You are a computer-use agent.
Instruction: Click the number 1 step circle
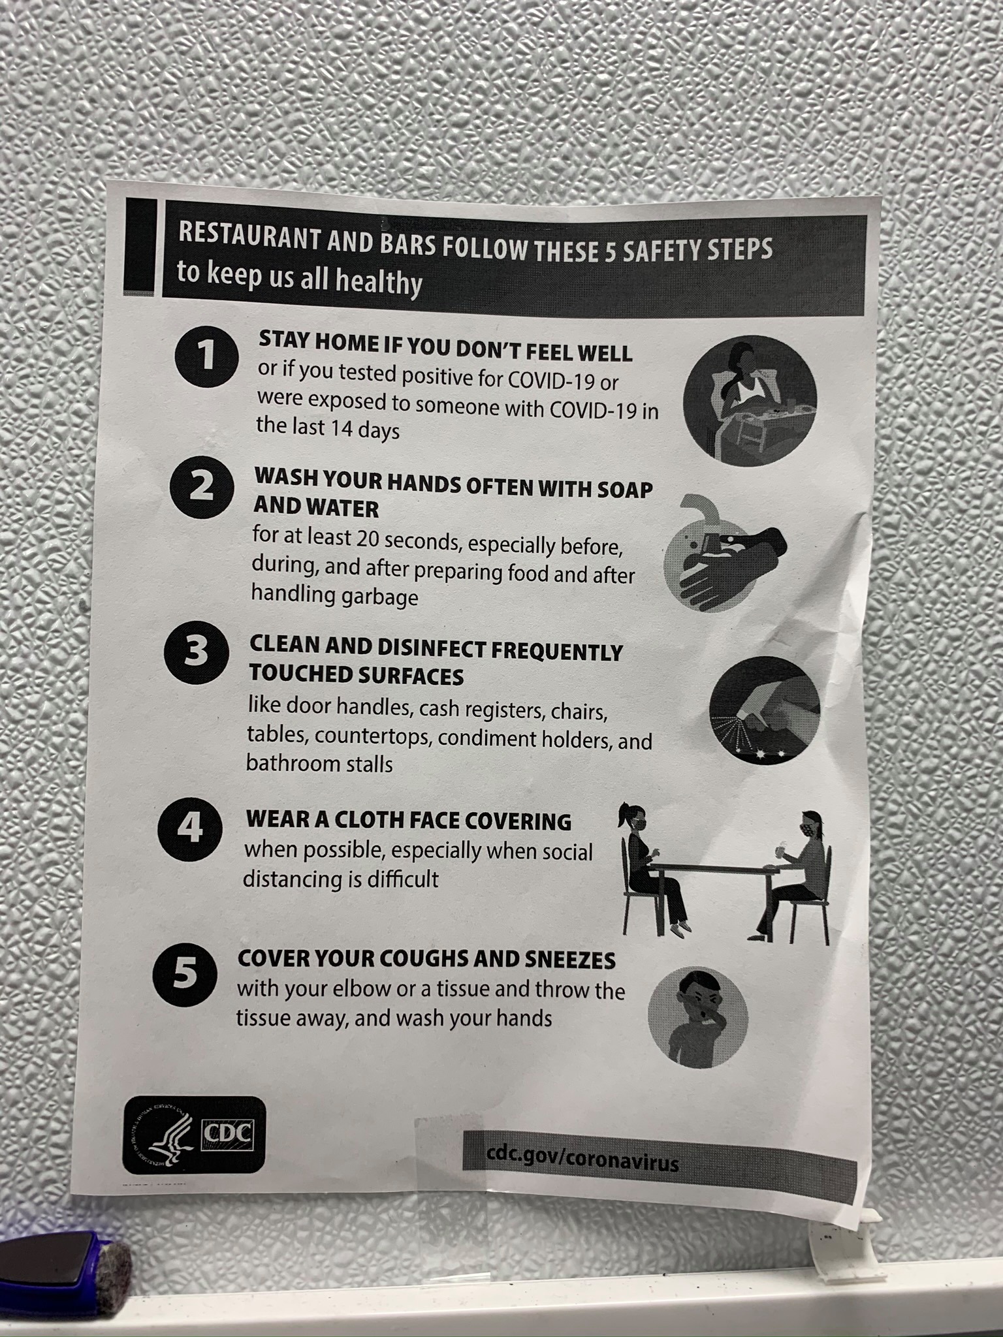click(206, 357)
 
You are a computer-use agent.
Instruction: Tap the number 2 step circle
click(202, 489)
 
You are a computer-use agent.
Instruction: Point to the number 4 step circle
click(190, 829)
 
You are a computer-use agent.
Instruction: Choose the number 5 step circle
click(185, 975)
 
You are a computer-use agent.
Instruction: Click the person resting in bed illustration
click(750, 400)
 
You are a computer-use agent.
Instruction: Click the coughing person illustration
click(697, 1017)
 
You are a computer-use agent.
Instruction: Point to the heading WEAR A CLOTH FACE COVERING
click(409, 821)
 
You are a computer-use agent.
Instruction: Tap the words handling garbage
click(334, 595)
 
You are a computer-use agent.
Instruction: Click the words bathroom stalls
click(319, 763)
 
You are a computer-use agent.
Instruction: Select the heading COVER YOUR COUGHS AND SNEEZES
click(426, 959)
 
